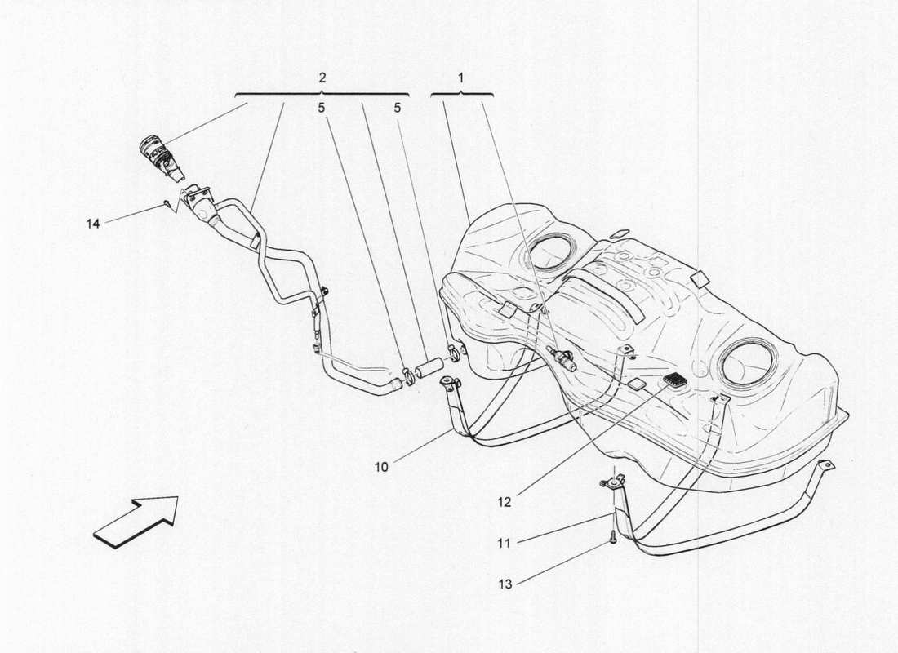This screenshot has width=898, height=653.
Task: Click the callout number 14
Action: coord(94,222)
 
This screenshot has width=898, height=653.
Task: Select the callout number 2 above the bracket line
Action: coord(322,78)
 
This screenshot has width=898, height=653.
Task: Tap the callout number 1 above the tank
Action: coord(461,78)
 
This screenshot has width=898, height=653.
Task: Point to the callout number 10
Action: coord(382,468)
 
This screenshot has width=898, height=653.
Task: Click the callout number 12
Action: coord(505,502)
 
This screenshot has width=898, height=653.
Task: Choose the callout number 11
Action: coord(505,541)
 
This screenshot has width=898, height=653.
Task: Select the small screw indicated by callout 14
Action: coord(167,202)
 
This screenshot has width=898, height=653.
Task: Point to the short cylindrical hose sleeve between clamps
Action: coord(429,366)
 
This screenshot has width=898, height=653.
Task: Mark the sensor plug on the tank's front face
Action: coord(563,360)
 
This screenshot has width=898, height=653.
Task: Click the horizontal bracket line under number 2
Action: coord(322,94)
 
